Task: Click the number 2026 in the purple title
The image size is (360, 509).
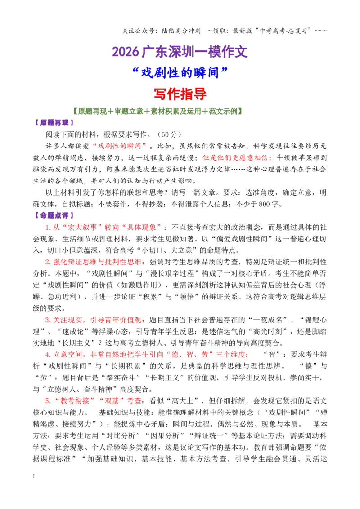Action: tap(126, 52)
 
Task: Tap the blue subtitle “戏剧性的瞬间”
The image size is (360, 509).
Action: tap(180, 73)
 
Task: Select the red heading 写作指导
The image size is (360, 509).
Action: tap(180, 94)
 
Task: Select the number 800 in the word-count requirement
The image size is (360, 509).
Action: tap(264, 204)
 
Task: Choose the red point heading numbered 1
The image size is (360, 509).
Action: tap(107, 227)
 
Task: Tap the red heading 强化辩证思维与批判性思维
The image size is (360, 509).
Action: tap(95, 262)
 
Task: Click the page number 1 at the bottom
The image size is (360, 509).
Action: tap(34, 476)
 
